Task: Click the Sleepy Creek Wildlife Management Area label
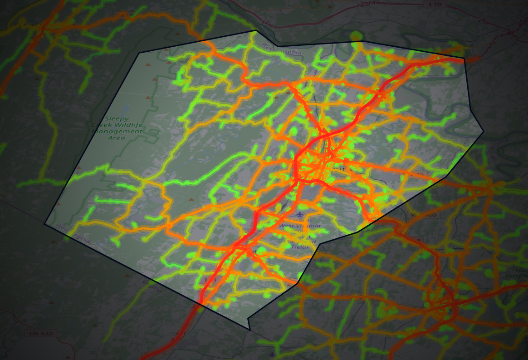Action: pos(117,128)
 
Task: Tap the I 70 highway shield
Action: pos(437,5)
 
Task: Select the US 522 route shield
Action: pos(41,334)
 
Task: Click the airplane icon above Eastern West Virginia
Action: pos(299,214)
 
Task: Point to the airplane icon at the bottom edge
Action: pos(272,354)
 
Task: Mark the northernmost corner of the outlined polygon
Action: pos(256,31)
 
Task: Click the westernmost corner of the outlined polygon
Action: pos(44,224)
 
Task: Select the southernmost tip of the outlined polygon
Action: pos(249,330)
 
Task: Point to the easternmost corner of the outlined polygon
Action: pos(484,132)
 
